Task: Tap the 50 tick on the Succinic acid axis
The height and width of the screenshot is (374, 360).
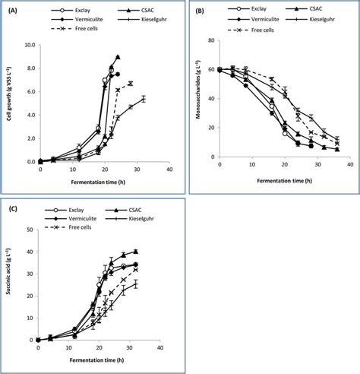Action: coord(30,230)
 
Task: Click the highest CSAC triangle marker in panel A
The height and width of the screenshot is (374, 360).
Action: coord(117,56)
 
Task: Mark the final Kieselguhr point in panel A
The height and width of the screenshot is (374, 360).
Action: coord(143,99)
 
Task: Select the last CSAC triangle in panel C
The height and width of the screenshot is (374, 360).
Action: coord(136,251)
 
